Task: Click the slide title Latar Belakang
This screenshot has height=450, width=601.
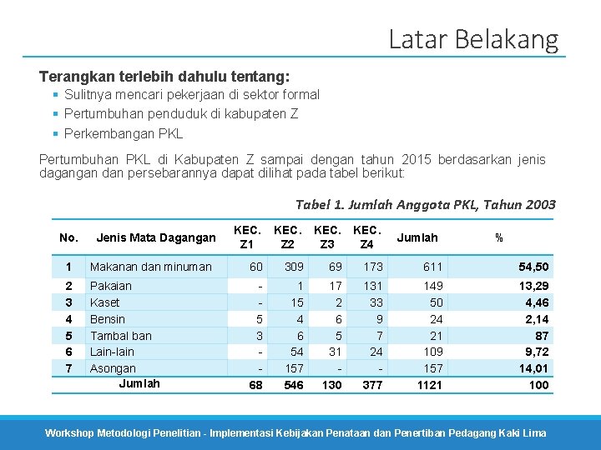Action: [474, 40]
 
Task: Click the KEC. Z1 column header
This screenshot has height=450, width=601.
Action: [247, 237]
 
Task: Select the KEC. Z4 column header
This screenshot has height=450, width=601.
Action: [366, 237]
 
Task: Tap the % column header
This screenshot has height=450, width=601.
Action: [498, 237]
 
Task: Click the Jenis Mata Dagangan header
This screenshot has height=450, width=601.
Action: [156, 237]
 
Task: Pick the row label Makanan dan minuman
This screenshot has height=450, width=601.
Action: [150, 267]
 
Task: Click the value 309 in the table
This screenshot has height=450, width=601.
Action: [294, 267]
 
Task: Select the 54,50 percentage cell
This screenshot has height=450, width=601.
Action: [533, 267]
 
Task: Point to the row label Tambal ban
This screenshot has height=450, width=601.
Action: [121, 336]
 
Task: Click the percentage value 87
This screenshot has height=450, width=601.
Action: [542, 336]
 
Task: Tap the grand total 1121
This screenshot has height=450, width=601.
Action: [429, 385]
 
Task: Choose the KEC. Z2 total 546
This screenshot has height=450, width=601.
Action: [294, 385]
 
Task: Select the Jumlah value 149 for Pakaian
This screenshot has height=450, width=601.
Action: [433, 286]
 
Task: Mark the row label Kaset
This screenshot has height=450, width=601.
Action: [104, 302]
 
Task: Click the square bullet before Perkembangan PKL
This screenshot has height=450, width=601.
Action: [56, 133]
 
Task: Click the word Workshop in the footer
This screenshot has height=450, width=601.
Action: [69, 433]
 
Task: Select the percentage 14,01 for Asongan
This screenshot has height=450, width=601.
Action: [534, 368]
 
